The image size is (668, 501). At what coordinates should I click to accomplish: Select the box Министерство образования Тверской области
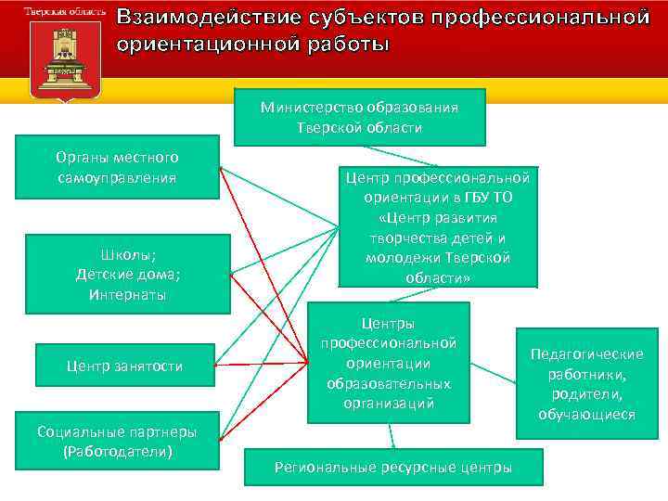coord(359,117)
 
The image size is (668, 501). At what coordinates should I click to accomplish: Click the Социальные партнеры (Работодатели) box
coord(117,442)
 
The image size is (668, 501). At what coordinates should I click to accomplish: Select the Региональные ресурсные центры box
coord(392,467)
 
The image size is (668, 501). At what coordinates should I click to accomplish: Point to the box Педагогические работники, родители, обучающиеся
coord(586,383)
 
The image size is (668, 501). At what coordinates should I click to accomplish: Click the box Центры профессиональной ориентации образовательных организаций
coord(389,363)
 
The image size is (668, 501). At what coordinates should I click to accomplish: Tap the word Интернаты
coord(127,295)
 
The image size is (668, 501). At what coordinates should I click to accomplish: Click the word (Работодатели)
coord(118,452)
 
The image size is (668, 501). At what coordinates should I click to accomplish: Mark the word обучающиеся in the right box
coord(586,414)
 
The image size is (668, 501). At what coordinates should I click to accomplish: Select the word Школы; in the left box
coord(127,254)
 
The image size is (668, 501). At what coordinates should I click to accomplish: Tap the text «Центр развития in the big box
coord(438,217)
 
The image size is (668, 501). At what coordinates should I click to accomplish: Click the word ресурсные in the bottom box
coord(426,467)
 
